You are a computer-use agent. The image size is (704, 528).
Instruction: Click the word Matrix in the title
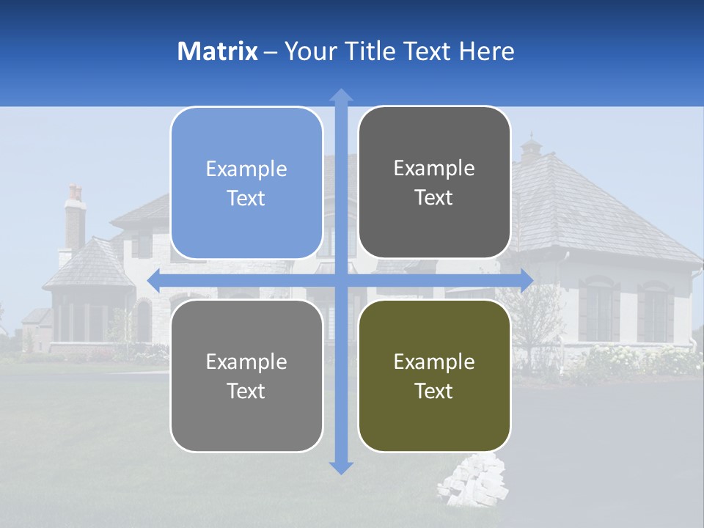pyautogui.click(x=218, y=51)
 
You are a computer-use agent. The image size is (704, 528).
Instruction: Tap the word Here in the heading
pyautogui.click(x=486, y=51)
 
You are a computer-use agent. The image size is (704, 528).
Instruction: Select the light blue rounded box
pyautogui.click(x=246, y=183)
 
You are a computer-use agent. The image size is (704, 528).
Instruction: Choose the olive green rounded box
pyautogui.click(x=434, y=375)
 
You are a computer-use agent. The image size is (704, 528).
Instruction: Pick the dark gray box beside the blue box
pyautogui.click(x=434, y=183)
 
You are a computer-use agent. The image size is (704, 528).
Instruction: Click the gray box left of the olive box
pyautogui.click(x=246, y=375)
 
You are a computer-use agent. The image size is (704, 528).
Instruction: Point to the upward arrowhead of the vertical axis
pyautogui.click(x=341, y=95)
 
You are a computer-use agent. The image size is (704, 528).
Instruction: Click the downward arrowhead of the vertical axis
pyautogui.click(x=341, y=467)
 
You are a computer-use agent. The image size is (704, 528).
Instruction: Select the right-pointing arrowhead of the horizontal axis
pyautogui.click(x=526, y=280)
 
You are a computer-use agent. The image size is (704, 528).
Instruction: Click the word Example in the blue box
pyautogui.click(x=246, y=169)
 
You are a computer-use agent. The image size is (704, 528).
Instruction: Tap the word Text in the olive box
pyautogui.click(x=434, y=391)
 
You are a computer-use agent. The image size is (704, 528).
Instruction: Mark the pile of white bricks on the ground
pyautogui.click(x=473, y=480)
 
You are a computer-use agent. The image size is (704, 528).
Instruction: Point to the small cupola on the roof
pyautogui.click(x=531, y=149)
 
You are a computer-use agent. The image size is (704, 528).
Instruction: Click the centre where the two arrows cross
pyautogui.click(x=341, y=280)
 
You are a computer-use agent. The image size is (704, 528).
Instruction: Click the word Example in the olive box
pyautogui.click(x=434, y=362)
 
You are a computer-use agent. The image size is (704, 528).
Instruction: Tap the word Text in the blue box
pyautogui.click(x=246, y=198)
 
